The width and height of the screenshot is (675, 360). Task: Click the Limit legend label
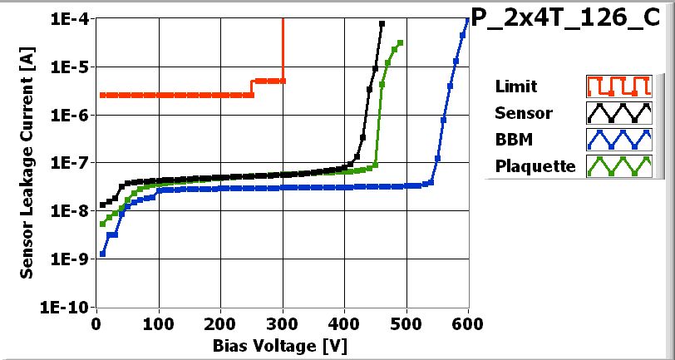[515, 86]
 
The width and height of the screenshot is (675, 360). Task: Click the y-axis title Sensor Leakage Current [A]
[27, 163]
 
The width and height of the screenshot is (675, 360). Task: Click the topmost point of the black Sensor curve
[382, 24]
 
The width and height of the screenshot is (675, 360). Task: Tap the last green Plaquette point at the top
[401, 43]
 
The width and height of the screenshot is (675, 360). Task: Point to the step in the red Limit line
[253, 87]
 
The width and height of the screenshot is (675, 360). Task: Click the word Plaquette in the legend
[535, 165]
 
